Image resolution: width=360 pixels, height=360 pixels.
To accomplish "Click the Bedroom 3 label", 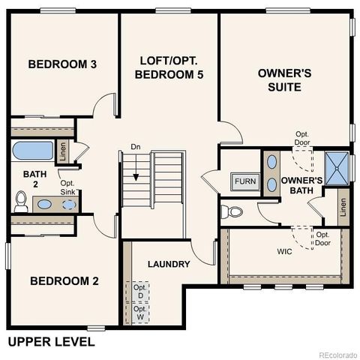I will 62,64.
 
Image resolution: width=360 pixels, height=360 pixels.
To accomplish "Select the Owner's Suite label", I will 279,80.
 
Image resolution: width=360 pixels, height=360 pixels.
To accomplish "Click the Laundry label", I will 169,264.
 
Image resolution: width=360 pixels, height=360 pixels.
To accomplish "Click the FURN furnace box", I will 244,181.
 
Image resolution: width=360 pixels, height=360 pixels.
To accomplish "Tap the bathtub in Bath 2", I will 33,151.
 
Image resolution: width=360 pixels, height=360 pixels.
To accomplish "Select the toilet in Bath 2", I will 21,201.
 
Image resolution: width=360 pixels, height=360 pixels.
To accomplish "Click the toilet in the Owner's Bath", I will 235,211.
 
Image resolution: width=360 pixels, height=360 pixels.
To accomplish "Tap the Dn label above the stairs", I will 136,146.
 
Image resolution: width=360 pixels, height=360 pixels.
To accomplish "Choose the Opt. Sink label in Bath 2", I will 67,187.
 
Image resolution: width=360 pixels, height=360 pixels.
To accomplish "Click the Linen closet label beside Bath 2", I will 63,151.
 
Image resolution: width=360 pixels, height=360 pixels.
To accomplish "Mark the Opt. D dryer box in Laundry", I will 139,291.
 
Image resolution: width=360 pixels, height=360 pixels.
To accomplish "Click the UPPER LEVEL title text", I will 51,342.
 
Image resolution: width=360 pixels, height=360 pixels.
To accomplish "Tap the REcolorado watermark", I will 337,354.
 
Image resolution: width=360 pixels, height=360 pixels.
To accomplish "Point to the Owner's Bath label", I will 301,185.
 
